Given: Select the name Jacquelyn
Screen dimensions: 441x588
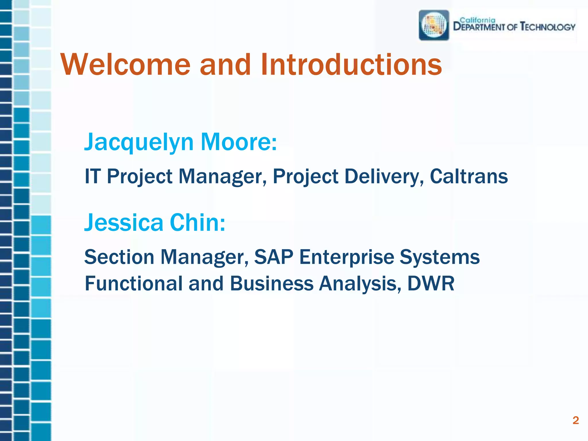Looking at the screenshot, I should tap(139, 143).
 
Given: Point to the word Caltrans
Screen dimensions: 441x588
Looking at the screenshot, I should tap(469, 176).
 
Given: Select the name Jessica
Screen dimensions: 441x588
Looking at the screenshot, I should tap(123, 223).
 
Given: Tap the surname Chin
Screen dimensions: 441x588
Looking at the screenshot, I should tap(198, 223).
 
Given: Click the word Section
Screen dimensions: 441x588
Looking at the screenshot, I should tap(119, 257).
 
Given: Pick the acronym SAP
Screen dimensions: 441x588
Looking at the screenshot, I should tap(274, 257).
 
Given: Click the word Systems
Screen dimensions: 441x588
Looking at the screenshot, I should tap(440, 258).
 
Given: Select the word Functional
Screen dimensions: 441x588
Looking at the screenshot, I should tap(134, 284).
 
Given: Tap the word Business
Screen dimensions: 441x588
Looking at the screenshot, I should tap(271, 284).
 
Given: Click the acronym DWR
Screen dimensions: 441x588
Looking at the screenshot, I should tap(431, 284).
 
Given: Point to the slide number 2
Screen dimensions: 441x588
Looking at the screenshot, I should tap(575, 420).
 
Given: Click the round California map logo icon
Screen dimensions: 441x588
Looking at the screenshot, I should tap(434, 25).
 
